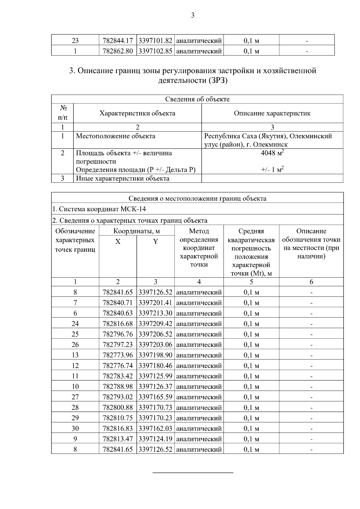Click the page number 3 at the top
[x=193, y=15]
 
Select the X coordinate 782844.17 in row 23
[x=118, y=40]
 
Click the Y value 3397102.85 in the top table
[x=155, y=51]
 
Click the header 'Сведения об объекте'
[x=197, y=99]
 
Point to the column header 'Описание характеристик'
[x=272, y=113]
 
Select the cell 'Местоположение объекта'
[x=115, y=136]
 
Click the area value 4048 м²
[x=272, y=153]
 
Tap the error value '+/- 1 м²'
[x=272, y=170]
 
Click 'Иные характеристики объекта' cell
[x=122, y=179]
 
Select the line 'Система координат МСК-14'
[x=99, y=209]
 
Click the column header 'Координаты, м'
[x=136, y=231]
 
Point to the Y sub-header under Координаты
[x=155, y=242]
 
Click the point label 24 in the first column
[x=75, y=324]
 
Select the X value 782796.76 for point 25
[x=118, y=334]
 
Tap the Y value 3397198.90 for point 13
[x=155, y=355]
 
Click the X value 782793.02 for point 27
[x=118, y=397]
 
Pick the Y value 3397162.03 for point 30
[x=155, y=429]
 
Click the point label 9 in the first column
[x=75, y=439]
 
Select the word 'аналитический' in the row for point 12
[x=199, y=366]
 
